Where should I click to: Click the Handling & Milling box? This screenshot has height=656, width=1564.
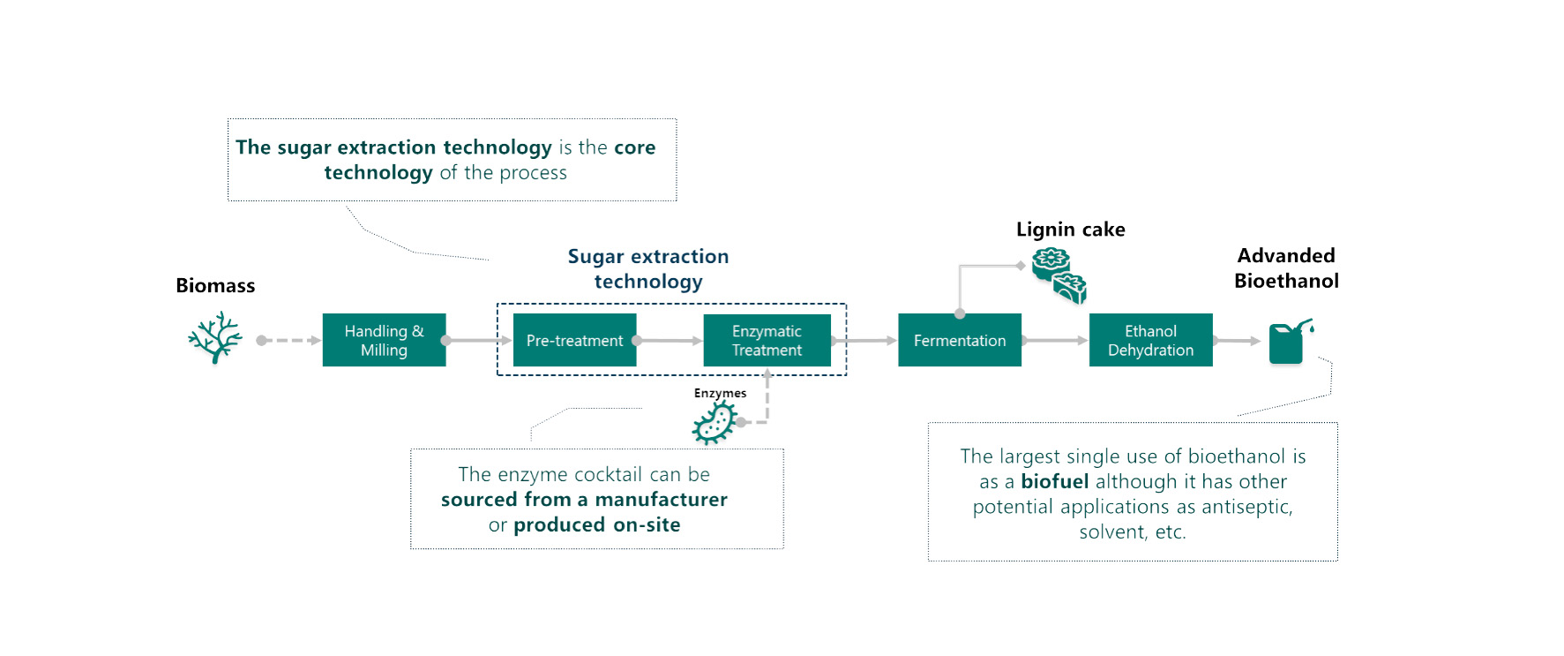384,340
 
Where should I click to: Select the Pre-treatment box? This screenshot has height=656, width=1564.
574,340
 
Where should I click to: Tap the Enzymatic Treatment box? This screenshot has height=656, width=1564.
767,340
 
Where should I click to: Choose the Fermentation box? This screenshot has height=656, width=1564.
960,340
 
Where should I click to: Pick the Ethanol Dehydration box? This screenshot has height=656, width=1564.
1150,340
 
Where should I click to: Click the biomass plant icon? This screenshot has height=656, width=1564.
215,336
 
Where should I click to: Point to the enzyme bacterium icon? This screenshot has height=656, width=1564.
715,422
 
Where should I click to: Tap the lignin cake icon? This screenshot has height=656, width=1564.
1059,275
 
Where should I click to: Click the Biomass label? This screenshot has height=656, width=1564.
215,285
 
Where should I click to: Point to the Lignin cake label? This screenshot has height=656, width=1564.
1070,230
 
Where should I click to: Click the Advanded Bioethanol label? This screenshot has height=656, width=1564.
1286,268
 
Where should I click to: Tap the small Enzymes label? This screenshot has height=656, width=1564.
720,393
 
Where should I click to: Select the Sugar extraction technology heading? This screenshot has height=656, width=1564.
648,268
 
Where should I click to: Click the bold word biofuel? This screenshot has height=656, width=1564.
1055,481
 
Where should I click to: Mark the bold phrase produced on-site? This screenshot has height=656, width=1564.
597,524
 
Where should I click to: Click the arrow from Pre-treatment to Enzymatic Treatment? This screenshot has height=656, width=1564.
670,340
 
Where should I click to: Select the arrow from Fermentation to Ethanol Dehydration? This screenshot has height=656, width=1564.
1055,340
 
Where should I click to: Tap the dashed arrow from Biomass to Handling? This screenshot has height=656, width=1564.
290,340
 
